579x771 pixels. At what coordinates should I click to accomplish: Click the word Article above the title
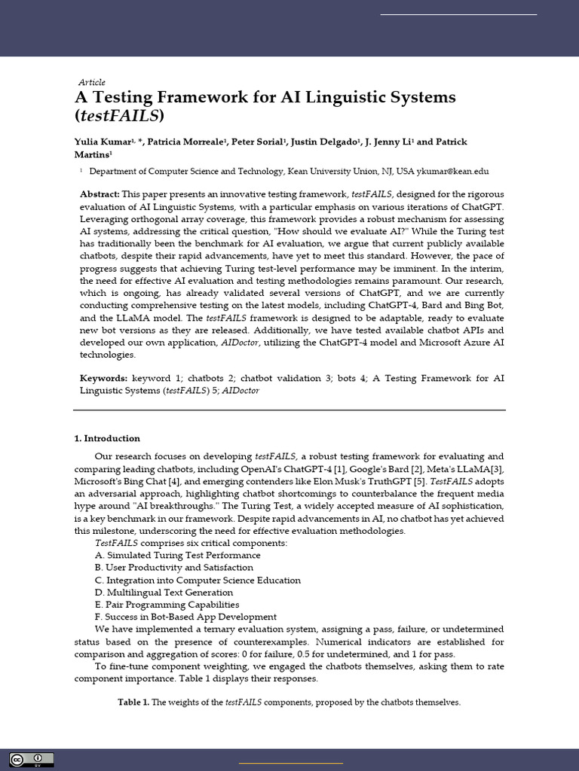pos(92,82)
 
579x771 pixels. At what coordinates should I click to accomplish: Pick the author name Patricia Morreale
pos(191,142)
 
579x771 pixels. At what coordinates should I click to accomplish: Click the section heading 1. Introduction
pos(107,438)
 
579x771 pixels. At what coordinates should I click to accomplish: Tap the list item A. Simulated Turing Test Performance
pos(177,555)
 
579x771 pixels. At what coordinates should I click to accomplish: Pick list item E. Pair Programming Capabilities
pos(167,604)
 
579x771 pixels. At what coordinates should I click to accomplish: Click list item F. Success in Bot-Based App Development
pos(185,617)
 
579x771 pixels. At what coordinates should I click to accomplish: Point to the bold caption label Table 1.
pos(133,702)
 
